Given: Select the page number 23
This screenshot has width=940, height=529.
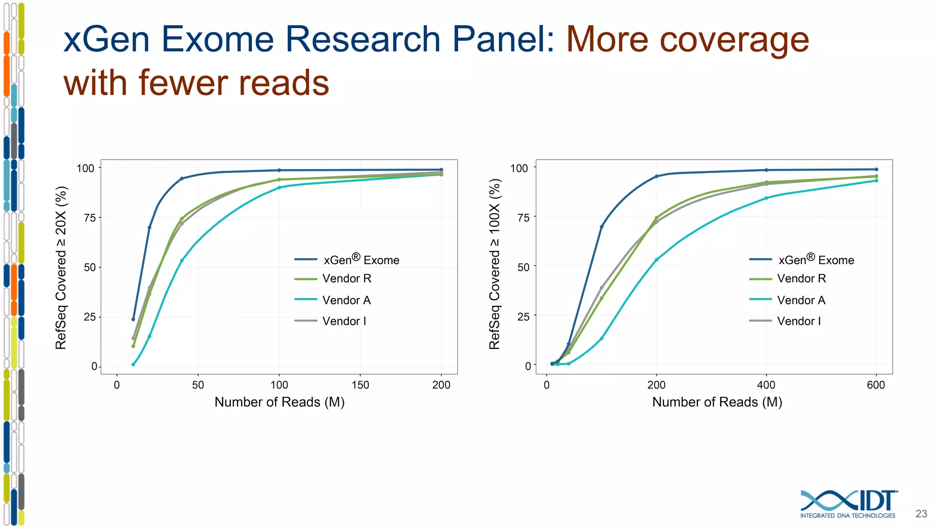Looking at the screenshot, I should pos(921,513).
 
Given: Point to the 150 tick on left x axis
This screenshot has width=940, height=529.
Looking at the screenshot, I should pos(360,385).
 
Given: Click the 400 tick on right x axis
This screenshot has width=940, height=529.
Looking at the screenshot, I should pos(766,385).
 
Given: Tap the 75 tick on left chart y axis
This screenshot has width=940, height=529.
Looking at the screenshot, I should pos(90,218).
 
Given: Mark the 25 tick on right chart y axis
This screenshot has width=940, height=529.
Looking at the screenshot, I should pos(523,316).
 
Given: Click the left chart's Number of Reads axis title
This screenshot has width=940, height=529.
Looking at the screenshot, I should pos(280,402).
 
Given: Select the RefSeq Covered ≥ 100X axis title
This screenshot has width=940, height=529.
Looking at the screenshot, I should pos(494,264).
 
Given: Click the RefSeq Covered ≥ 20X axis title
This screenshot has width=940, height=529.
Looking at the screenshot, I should pos(61,267).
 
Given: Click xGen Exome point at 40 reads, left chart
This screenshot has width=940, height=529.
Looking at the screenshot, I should pos(182,178).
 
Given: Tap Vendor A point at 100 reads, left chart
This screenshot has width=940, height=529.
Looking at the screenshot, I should pos(279,187).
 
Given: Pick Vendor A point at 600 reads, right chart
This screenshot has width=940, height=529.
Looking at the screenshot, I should pos(876,180).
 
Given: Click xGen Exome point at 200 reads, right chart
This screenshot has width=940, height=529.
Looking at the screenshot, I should pos(656,176).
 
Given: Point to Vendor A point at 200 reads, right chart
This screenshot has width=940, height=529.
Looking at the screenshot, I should pos(656,259).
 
